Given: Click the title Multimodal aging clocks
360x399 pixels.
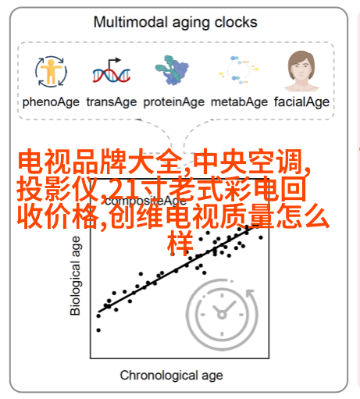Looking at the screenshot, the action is pyautogui.click(x=175, y=23).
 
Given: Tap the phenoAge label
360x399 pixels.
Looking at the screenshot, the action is pyautogui.click(x=51, y=102).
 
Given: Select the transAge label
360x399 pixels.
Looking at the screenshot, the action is pyautogui.click(x=112, y=102).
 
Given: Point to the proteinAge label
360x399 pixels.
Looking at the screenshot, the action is pyautogui.click(x=174, y=102).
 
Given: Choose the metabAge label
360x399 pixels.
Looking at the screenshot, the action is pyautogui.click(x=239, y=102).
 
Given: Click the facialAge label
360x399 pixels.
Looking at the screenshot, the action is pyautogui.click(x=301, y=102).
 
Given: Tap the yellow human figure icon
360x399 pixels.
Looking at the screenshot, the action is pyautogui.click(x=51, y=72).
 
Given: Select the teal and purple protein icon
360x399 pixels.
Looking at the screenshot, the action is pyautogui.click(x=172, y=70).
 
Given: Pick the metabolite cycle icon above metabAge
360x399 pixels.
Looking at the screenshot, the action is pyautogui.click(x=239, y=69).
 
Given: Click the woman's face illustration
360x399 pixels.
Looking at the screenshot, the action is pyautogui.click(x=301, y=71).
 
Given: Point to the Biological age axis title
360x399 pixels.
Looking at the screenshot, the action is pyautogui.click(x=75, y=276).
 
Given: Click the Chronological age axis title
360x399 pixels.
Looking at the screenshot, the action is pyautogui.click(x=171, y=376).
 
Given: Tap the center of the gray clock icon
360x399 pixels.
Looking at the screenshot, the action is pyautogui.click(x=222, y=315).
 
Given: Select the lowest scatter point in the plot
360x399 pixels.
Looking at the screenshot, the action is pyautogui.click(x=98, y=330).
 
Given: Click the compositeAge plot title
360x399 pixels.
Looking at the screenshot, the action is pyautogui.click(x=146, y=201).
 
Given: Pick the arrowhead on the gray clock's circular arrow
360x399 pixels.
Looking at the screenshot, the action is pyautogui.click(x=251, y=294).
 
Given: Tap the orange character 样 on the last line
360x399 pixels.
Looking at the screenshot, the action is pyautogui.click(x=180, y=244).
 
